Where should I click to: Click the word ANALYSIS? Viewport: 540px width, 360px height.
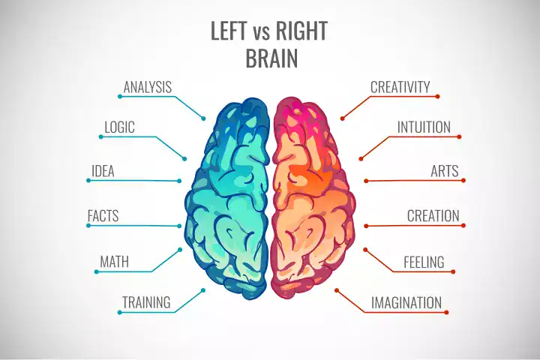(x=148, y=87)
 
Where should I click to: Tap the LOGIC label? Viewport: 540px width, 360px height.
(x=120, y=127)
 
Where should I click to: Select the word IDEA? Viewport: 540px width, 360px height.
(x=103, y=171)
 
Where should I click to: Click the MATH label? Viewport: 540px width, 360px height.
(x=115, y=262)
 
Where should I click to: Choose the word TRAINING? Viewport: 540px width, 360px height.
(x=146, y=303)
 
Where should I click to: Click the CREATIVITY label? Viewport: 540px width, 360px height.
(x=400, y=87)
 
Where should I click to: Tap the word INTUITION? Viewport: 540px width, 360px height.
(x=424, y=127)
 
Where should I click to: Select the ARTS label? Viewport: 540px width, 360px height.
(x=445, y=171)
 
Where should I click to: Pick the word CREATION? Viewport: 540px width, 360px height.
(x=433, y=216)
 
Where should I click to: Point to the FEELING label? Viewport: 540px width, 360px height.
(x=424, y=262)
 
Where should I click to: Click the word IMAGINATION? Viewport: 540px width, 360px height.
(x=406, y=303)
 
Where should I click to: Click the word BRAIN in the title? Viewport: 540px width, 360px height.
(x=271, y=58)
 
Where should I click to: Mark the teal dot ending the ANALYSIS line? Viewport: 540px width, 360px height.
(x=203, y=118)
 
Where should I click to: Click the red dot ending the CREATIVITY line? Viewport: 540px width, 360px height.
(x=342, y=118)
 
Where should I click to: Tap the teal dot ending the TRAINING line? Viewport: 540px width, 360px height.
(x=203, y=289)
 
